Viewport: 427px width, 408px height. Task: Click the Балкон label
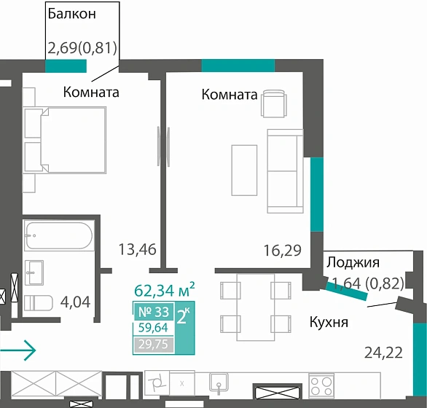point(71,13)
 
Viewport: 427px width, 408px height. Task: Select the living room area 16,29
point(282,252)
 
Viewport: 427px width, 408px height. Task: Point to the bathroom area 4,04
point(74,300)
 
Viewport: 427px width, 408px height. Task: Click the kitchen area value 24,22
point(383,354)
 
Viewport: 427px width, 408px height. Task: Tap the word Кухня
point(329,322)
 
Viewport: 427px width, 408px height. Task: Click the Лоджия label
point(353,263)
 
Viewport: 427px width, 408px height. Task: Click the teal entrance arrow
point(17,351)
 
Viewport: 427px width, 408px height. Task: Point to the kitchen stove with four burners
point(321,383)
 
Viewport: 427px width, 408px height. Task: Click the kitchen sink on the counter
point(216,382)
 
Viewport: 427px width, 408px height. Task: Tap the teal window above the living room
point(238,66)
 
